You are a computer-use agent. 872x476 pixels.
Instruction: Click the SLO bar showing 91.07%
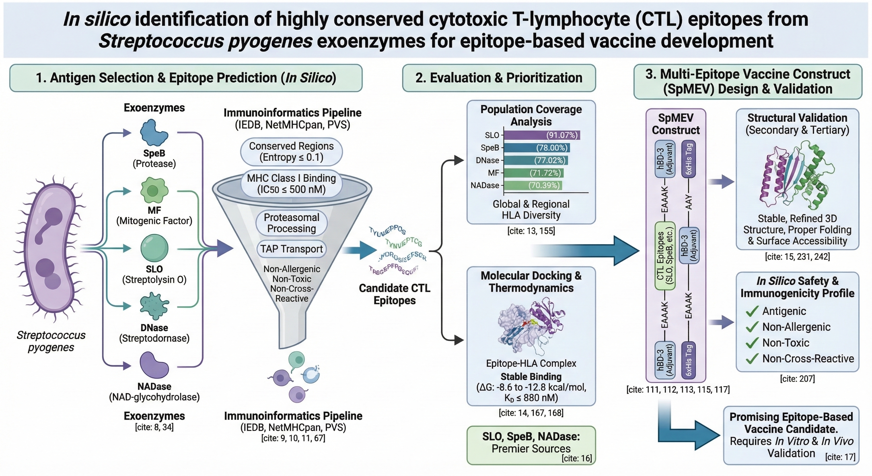click(x=542, y=135)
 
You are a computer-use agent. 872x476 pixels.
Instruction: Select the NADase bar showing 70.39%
click(x=533, y=185)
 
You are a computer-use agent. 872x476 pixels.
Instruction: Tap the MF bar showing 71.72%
click(x=534, y=173)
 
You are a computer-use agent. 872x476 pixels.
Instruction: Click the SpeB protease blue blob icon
click(x=154, y=133)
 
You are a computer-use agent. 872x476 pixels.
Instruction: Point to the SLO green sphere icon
click(x=154, y=248)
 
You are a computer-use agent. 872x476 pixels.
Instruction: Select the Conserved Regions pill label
click(x=291, y=152)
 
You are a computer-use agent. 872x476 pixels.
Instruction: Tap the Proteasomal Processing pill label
click(x=291, y=223)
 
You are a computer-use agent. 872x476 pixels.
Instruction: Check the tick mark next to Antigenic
click(x=752, y=311)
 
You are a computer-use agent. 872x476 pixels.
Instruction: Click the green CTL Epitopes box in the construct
click(x=665, y=256)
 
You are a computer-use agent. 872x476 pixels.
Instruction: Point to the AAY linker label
click(x=688, y=202)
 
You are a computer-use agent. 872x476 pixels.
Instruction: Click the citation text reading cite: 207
click(x=797, y=378)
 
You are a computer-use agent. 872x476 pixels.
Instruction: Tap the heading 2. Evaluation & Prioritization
click(x=499, y=78)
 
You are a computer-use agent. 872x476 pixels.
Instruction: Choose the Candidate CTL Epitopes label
click(x=395, y=294)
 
